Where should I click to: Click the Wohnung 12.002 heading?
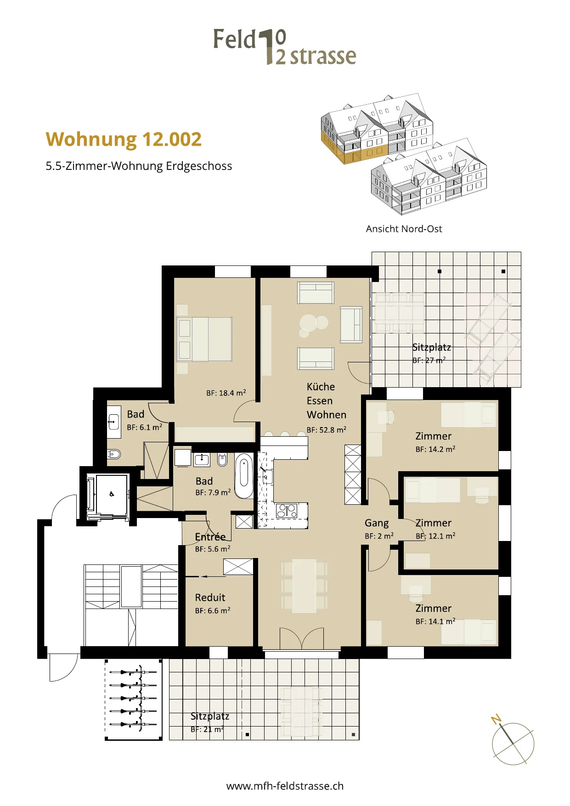[124, 140]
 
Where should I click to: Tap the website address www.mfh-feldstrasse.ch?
[285, 786]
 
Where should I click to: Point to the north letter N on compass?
[496, 719]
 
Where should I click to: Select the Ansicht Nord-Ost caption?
[404, 229]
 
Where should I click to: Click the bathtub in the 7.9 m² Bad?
[244, 476]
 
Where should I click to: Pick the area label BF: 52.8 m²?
[327, 430]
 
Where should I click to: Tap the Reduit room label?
[210, 597]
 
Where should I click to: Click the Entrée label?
[210, 536]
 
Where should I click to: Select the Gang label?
[377, 523]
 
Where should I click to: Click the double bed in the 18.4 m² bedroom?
[204, 339]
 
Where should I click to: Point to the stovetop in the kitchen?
[287, 510]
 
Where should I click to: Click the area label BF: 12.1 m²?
[435, 535]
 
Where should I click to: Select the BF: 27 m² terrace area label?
[429, 360]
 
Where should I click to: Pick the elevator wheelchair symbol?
[112, 494]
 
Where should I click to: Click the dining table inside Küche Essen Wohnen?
[304, 586]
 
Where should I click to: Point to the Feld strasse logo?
[285, 46]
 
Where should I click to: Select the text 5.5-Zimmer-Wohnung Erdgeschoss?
[139, 166]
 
